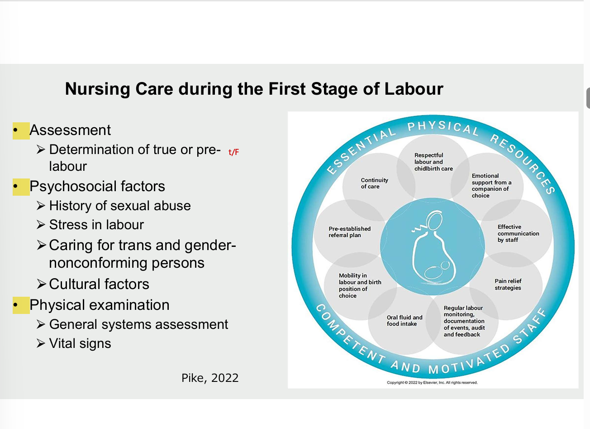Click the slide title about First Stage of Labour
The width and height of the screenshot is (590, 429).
(x=254, y=89)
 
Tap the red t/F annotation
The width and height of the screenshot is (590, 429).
(x=233, y=152)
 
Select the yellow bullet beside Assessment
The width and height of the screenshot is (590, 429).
(x=21, y=130)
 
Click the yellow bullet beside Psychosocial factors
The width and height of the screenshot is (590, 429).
(x=21, y=187)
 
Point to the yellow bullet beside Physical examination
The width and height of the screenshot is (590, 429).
(x=21, y=305)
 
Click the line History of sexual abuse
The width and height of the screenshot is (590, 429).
(x=119, y=206)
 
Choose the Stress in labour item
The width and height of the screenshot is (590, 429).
(x=96, y=225)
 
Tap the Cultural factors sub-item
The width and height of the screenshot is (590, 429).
(x=99, y=284)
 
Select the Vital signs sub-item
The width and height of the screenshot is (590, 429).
(x=80, y=343)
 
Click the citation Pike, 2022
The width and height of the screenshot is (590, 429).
(x=210, y=378)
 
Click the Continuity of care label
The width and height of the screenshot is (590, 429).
(x=374, y=183)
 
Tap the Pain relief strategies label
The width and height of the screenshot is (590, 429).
(x=508, y=284)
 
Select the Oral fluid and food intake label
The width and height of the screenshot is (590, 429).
(x=404, y=321)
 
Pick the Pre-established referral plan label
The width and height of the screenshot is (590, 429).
(x=349, y=232)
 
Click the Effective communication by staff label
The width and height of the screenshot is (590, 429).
(x=518, y=233)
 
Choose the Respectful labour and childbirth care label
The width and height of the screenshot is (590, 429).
(x=433, y=162)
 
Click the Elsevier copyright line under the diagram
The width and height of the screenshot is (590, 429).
(x=432, y=382)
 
